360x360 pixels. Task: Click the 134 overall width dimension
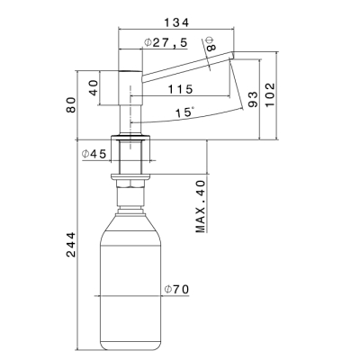(176, 22)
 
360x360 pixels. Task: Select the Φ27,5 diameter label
(166, 42)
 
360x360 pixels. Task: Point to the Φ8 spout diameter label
(211, 44)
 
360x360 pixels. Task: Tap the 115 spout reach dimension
(180, 89)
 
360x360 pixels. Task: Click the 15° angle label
(184, 112)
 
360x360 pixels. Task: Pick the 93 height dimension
(253, 99)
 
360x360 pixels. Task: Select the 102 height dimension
(270, 94)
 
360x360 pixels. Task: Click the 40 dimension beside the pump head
(94, 87)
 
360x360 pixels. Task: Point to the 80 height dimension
(71, 104)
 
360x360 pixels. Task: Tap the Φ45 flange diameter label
(94, 154)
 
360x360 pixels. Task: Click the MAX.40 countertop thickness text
(201, 206)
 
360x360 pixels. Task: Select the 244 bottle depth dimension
(71, 245)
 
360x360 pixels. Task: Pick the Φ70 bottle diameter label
(176, 289)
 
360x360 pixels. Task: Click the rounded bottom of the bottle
(130, 345)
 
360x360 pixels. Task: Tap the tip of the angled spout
(232, 56)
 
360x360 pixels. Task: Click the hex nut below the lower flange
(130, 184)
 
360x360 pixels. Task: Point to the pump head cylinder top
(130, 71)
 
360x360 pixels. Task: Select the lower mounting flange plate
(130, 176)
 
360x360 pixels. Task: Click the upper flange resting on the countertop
(130, 138)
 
